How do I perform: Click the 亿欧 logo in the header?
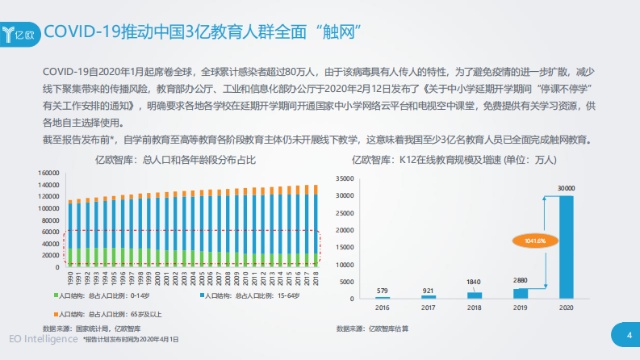click(20, 33)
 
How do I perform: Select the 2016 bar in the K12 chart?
click(383, 296)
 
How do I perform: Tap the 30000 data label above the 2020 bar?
click(567, 188)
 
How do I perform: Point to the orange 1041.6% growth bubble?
click(534, 241)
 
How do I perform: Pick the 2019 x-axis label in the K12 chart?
click(521, 308)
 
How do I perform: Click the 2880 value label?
click(521, 278)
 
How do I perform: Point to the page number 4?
click(627, 335)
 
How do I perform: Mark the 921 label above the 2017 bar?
click(429, 289)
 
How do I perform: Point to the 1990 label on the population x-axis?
click(70, 278)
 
